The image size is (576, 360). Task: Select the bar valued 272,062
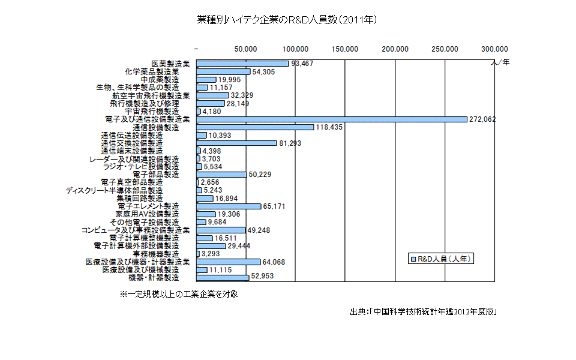(332, 119)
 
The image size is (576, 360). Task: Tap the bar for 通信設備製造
(255, 127)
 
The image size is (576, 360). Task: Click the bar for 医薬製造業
(242, 63)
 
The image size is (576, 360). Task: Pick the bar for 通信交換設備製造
(236, 143)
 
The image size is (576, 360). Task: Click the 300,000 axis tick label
(494, 49)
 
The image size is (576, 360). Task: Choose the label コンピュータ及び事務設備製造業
(136, 230)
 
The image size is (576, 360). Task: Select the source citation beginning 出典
(423, 312)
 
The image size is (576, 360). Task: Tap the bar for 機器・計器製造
(223, 278)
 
